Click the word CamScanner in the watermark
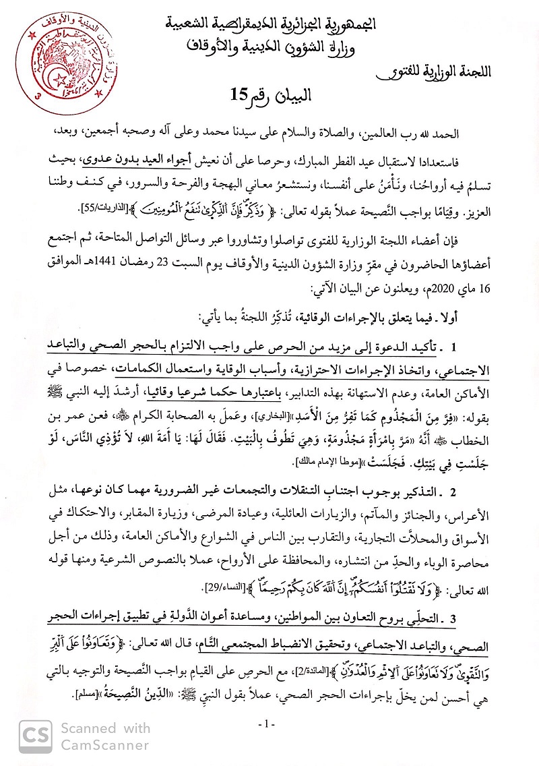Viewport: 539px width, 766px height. point(105,745)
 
